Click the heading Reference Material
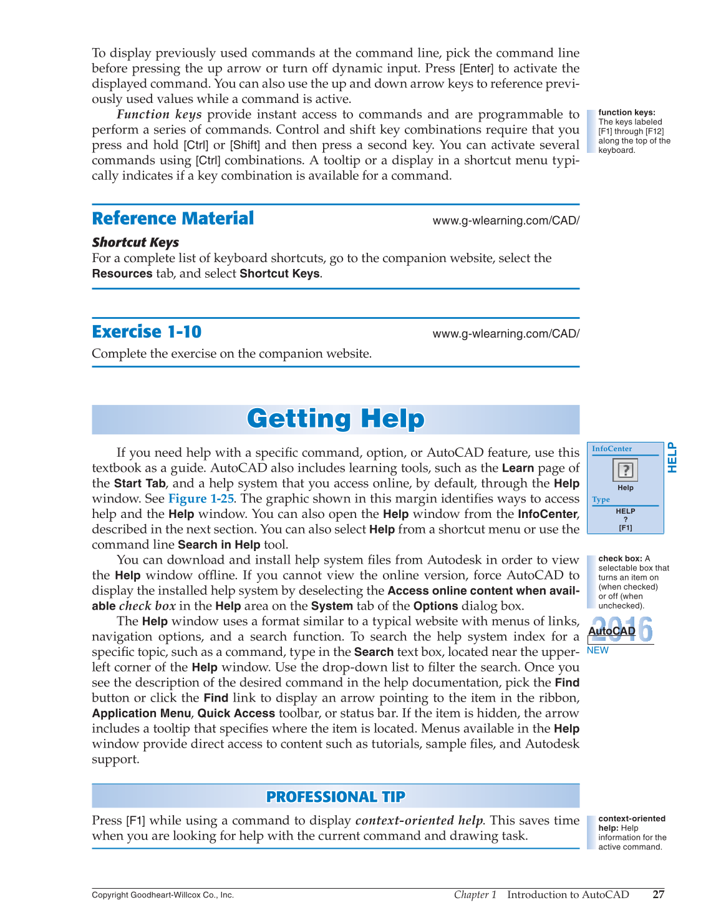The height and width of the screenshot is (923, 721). [173, 218]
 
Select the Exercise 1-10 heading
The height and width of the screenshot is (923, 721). [147, 331]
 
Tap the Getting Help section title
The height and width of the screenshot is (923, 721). [336, 419]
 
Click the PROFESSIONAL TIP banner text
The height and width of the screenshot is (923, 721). [336, 797]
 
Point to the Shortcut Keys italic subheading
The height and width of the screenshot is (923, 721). [135, 242]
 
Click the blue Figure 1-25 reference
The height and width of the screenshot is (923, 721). [201, 499]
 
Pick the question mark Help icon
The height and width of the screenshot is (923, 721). [625, 469]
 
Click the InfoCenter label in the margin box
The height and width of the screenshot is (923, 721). [612, 449]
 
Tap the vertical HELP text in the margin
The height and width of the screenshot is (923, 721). [672, 457]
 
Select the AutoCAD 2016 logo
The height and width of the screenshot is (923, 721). [621, 630]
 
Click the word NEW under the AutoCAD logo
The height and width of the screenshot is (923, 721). [598, 650]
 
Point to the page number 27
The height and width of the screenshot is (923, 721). [658, 894]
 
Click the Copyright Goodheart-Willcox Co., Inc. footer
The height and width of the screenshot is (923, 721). [163, 895]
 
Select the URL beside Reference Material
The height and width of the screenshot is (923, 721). [506, 220]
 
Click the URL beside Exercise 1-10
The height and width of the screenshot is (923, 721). [506, 334]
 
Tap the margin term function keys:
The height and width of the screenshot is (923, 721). [626, 112]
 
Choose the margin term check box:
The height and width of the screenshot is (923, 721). [620, 559]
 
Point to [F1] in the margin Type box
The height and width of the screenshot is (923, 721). [625, 528]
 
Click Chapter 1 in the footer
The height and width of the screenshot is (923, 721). [475, 894]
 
